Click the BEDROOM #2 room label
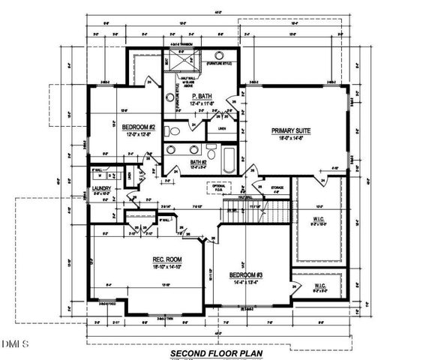click(x=138, y=127)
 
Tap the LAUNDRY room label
click(x=101, y=189)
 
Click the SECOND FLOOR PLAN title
click(x=219, y=351)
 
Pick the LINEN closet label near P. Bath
click(x=222, y=128)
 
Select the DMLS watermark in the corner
click(x=13, y=344)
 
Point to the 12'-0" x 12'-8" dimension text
click(x=138, y=134)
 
